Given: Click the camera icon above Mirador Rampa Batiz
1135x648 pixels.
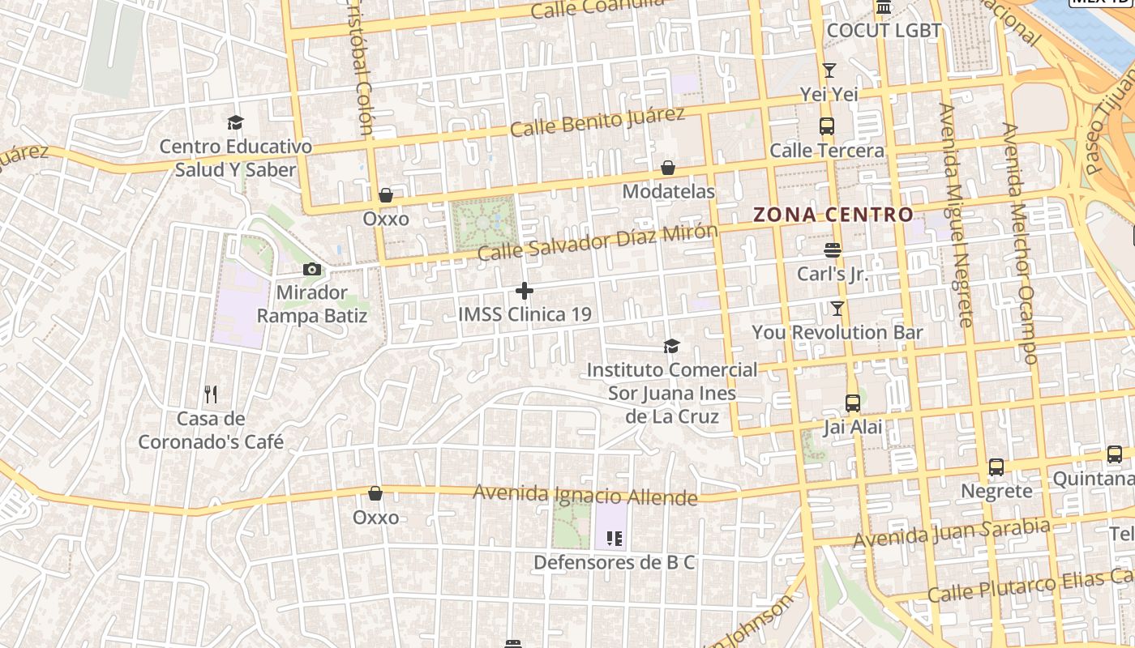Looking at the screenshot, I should (311, 270).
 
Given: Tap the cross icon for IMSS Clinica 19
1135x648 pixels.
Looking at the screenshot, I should (525, 290).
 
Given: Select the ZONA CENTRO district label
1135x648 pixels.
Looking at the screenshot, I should (833, 215).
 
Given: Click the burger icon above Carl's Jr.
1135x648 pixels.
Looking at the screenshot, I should (832, 250).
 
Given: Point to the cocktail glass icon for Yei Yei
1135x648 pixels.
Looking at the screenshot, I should (829, 70).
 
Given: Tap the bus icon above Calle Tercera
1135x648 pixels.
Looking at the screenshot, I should (826, 126).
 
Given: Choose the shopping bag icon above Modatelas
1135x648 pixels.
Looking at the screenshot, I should (668, 168).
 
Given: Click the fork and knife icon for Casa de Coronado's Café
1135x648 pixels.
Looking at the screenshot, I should (211, 394).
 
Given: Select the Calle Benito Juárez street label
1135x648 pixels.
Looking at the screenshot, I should (597, 122).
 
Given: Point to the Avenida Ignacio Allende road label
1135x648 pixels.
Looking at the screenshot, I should (585, 494).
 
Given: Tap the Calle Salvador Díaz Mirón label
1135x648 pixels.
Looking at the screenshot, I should (597, 242).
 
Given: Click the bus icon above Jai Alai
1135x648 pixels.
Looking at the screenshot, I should (852, 403).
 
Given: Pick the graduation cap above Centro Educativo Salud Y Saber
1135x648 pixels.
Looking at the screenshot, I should (235, 122).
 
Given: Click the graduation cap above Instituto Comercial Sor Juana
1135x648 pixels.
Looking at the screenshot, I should (671, 346).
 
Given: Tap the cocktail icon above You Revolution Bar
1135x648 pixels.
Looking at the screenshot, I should (837, 309).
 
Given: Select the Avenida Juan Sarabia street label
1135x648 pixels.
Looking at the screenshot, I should (952, 531).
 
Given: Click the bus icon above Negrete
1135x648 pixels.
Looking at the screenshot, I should (996, 467).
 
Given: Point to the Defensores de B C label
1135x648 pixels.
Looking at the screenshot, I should (614, 562).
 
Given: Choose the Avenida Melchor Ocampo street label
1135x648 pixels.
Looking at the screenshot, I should (1020, 243).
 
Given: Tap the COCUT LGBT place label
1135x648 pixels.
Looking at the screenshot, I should (884, 31).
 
